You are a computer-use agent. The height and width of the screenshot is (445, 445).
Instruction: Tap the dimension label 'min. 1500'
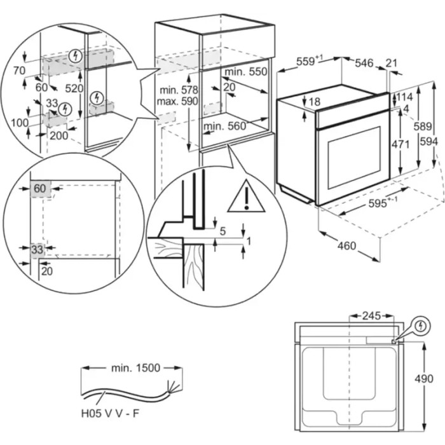[x=134, y=367]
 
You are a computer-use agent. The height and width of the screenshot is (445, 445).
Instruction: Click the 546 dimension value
[x=364, y=62]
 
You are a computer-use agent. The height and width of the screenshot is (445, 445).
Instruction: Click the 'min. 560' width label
[x=224, y=127]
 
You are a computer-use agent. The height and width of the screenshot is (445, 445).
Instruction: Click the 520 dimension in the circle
[x=74, y=88]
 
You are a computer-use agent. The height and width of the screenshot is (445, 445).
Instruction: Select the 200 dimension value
[x=59, y=135]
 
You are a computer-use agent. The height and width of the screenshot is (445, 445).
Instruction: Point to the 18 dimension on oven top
[x=314, y=101]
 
